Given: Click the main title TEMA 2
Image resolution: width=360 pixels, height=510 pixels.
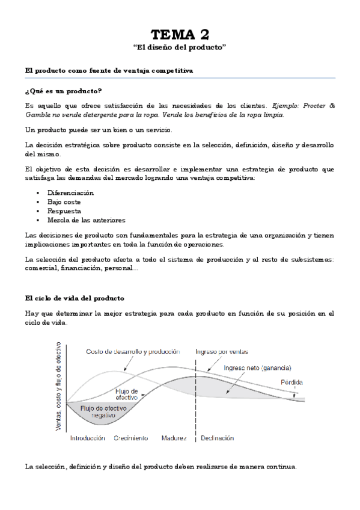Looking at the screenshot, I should (180, 34).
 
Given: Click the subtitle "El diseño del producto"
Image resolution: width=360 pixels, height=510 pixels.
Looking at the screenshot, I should (180, 46).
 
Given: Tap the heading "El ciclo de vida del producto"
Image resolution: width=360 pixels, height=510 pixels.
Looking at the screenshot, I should (75, 298).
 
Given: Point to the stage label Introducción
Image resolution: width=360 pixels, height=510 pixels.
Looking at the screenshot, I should (88, 438).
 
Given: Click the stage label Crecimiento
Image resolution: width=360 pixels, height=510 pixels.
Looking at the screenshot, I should (131, 438).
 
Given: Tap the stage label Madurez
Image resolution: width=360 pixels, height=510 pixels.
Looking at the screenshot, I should (174, 438).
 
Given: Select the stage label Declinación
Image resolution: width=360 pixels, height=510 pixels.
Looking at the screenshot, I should (218, 438).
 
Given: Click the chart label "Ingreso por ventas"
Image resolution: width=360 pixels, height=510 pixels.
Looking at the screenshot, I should (222, 352).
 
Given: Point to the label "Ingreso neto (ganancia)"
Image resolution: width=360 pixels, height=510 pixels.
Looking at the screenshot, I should (257, 368).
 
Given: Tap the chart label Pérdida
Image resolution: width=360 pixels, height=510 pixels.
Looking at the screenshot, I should (291, 382).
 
